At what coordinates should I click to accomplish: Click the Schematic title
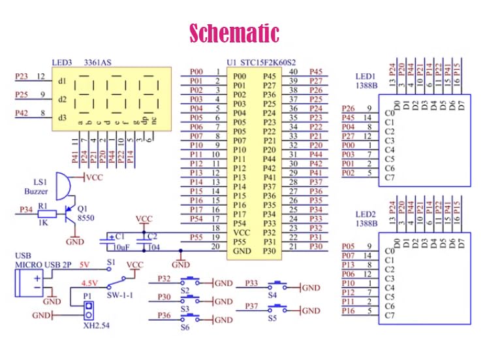click(234, 33)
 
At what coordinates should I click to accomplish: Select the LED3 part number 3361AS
click(98, 62)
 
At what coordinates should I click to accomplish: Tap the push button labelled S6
click(193, 318)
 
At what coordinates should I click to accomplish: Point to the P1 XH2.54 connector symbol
click(87, 307)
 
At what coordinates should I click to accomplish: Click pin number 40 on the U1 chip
click(294, 71)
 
